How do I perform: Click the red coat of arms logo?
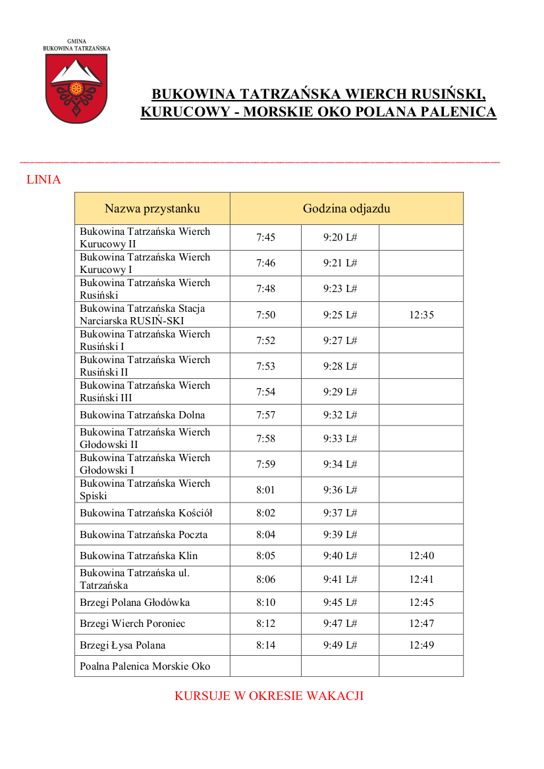pos(76,88)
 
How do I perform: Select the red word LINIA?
pos(43,180)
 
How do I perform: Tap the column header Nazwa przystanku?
pos(152,209)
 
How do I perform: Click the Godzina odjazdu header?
pos(346,209)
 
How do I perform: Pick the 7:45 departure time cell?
pos(265,237)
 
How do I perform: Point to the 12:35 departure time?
pos(422,314)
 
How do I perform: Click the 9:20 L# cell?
pos(340,237)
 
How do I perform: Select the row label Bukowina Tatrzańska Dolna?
pos(142,415)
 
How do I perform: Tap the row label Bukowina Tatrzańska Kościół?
pos(146,513)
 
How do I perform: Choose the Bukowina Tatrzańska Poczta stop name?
pos(144,535)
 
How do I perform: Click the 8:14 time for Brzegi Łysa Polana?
pos(265,645)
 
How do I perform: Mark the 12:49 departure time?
pos(422,645)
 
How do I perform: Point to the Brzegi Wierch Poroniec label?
pos(132,624)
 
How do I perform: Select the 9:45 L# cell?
pos(340,603)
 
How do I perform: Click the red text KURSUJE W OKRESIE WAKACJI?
pos(269,696)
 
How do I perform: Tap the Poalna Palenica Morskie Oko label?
pos(145,666)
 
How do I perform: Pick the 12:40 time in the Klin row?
pos(422,556)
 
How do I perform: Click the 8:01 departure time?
pos(265,490)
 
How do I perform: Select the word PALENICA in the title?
pos(457,112)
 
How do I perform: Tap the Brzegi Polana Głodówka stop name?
pos(134,603)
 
